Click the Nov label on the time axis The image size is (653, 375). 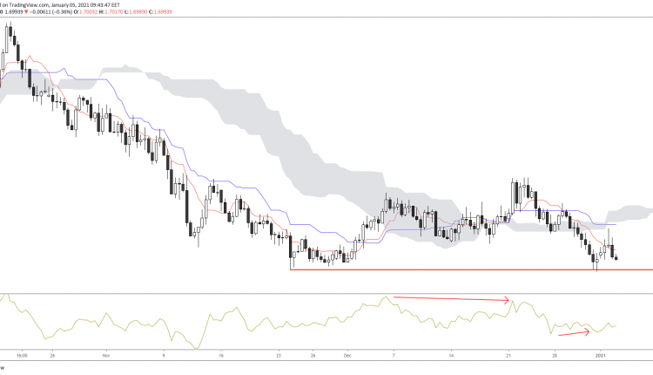(x=107, y=356)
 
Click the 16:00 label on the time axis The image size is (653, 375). (x=22, y=356)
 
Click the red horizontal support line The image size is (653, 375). (x=470, y=269)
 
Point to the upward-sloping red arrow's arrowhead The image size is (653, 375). (x=591, y=329)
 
